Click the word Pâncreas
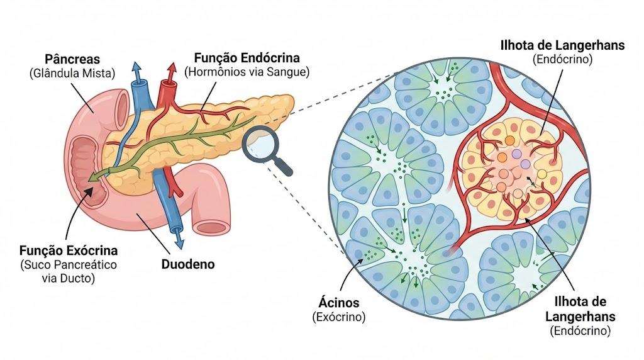[x=72, y=59]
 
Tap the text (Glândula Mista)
[x=72, y=74]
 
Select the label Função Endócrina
[x=247, y=57]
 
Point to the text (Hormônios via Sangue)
[x=247, y=72]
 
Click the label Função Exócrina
[x=69, y=250]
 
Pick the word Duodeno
[x=187, y=264]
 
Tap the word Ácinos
[x=339, y=303]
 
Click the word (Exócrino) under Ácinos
[x=339, y=317]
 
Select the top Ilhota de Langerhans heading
[x=562, y=45]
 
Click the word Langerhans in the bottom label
[x=580, y=317]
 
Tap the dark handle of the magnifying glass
[x=283, y=166]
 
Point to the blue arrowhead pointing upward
[x=136, y=69]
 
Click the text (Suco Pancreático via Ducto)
[x=69, y=271]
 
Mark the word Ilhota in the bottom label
[x=580, y=301]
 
